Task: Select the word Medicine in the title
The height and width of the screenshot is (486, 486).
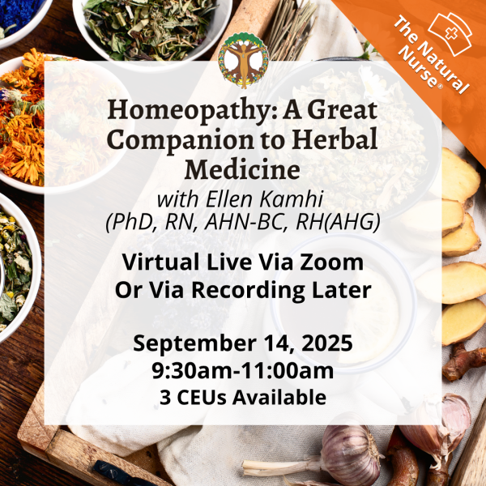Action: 243,170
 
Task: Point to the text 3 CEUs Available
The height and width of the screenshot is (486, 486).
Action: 243,397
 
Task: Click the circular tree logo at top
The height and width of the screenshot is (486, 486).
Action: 243,59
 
